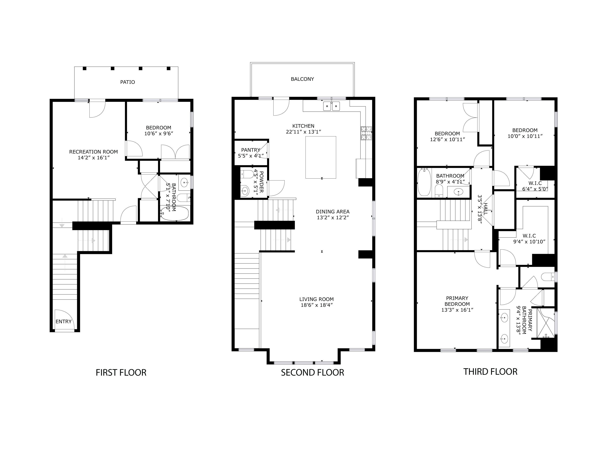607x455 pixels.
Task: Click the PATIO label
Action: pyautogui.click(x=128, y=82)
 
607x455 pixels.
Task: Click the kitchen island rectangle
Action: pyautogui.click(x=321, y=157)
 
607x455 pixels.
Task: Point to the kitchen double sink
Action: pyautogui.click(x=331, y=106)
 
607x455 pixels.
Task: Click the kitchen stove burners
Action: pyautogui.click(x=366, y=133)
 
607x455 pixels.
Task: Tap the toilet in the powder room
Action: pyautogui.click(x=247, y=174)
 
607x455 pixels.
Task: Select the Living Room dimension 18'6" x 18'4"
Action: pyautogui.click(x=316, y=305)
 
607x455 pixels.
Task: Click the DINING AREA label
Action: pyautogui.click(x=333, y=212)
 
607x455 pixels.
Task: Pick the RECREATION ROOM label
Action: pyautogui.click(x=93, y=152)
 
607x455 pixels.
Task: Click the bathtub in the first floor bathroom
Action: pyautogui.click(x=175, y=213)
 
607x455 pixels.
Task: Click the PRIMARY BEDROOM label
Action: pyautogui.click(x=457, y=301)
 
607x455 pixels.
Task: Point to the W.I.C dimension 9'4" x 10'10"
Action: pyautogui.click(x=529, y=242)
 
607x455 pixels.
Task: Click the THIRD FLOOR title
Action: pyautogui.click(x=490, y=372)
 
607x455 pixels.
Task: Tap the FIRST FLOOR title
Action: pyautogui.click(x=121, y=372)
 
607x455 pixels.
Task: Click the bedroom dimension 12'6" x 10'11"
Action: pyautogui.click(x=447, y=139)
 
